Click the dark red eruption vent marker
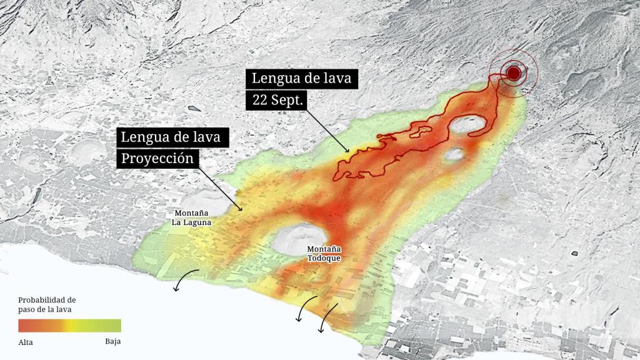point(514,73)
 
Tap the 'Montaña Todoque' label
point(324,253)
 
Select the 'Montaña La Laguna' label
point(192,217)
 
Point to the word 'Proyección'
point(157,158)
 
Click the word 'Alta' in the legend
point(26,342)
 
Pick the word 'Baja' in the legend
point(112,341)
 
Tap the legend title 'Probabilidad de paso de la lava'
point(47,304)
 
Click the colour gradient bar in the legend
point(69,326)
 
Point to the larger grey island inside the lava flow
point(469,124)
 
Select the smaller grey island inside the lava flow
point(455,154)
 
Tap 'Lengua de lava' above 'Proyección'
point(171,137)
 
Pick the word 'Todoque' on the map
point(324,257)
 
